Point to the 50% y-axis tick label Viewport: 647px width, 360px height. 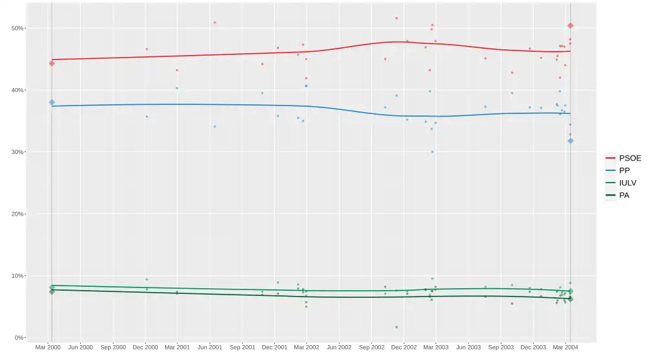pyautogui.click(x=16, y=28)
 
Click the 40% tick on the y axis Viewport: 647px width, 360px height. pyautogui.click(x=16, y=90)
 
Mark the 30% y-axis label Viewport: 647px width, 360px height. pyautogui.click(x=16, y=152)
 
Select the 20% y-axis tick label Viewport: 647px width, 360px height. pyautogui.click(x=16, y=214)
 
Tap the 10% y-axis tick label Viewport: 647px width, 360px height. pyautogui.click(x=16, y=276)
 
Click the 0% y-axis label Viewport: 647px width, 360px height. pyautogui.click(x=17, y=338)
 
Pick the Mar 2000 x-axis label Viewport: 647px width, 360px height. pyautogui.click(x=48, y=348)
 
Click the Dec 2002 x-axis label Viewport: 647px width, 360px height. pyautogui.click(x=404, y=348)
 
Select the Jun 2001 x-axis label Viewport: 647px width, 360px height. pyautogui.click(x=209, y=348)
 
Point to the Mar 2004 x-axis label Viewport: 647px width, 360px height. pyautogui.click(x=565, y=348)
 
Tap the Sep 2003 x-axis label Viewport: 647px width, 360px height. pyautogui.click(x=501, y=348)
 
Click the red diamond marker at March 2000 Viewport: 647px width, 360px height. pyautogui.click(x=52, y=63)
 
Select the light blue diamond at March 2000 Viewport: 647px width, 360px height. pyautogui.click(x=52, y=102)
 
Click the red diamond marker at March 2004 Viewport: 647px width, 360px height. pyautogui.click(x=570, y=25)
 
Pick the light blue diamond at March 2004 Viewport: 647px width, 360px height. pyautogui.click(x=570, y=141)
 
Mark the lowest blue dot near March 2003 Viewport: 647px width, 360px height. pyautogui.click(x=432, y=152)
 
